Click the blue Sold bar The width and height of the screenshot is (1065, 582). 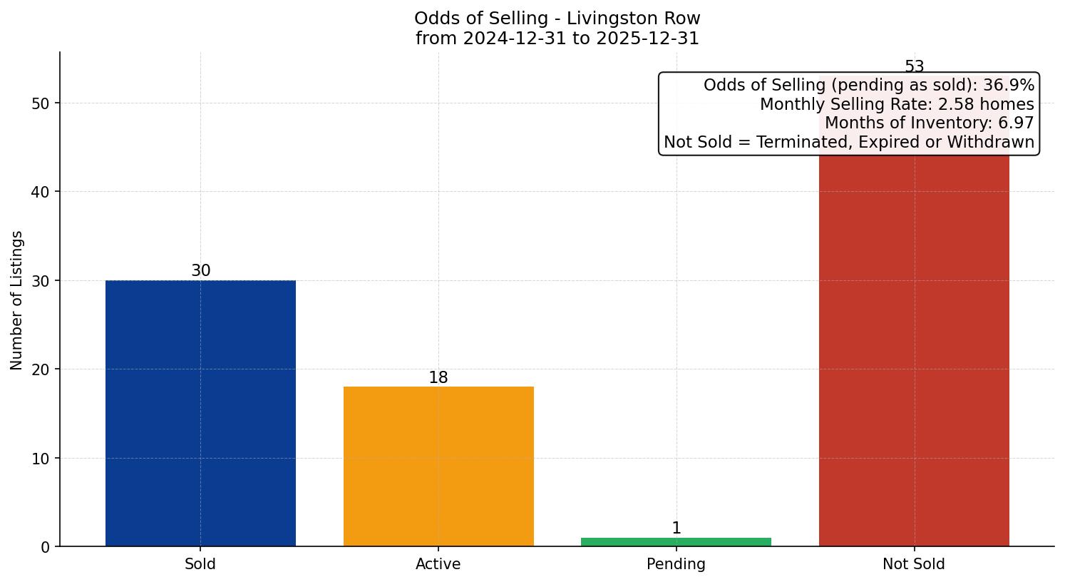click(200, 413)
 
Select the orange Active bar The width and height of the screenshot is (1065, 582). click(438, 466)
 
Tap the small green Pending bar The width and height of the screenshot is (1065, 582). click(676, 542)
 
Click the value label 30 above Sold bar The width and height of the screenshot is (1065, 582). click(200, 271)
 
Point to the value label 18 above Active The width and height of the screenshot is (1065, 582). click(438, 378)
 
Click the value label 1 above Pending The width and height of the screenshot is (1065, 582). click(676, 529)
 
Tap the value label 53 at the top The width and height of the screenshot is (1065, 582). click(914, 67)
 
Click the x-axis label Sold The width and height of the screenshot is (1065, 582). click(200, 564)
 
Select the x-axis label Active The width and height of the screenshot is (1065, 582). click(438, 564)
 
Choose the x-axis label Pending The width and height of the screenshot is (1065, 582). click(676, 564)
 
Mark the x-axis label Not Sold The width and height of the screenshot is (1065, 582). click(914, 564)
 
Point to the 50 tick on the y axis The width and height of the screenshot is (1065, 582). click(41, 103)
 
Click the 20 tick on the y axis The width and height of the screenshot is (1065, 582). click(41, 369)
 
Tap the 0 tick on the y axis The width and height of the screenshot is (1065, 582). click(45, 547)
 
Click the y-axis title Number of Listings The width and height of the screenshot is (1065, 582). click(17, 300)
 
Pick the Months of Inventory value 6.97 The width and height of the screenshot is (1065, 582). click(1016, 123)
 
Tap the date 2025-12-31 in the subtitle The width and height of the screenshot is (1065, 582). click(647, 39)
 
